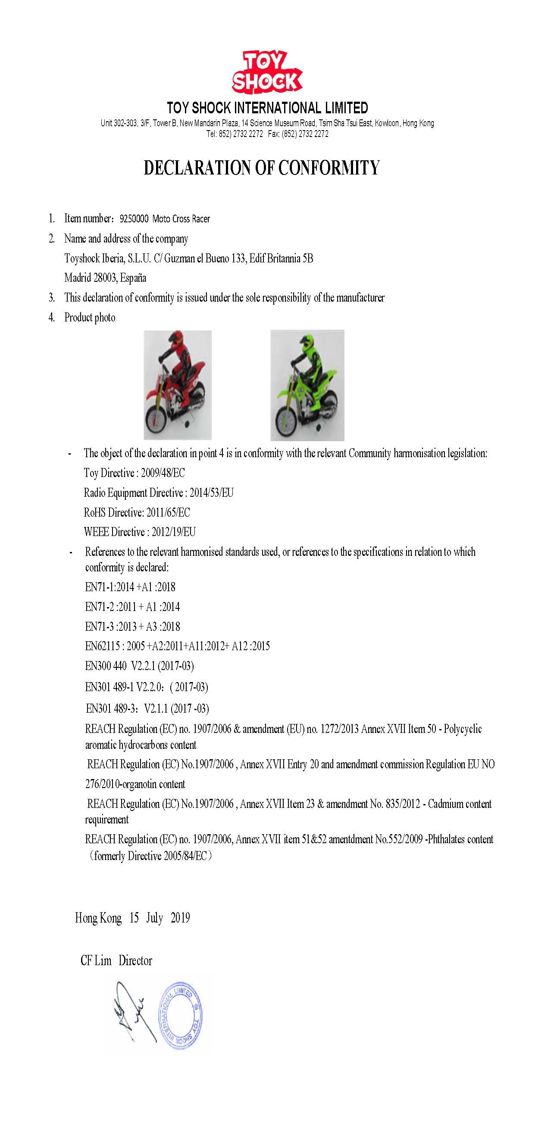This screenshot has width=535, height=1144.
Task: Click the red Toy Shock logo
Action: (x=266, y=72)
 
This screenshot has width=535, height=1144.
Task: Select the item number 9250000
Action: (x=134, y=219)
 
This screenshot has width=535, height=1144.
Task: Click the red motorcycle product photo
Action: (x=177, y=385)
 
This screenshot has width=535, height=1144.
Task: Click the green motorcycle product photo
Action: (x=307, y=385)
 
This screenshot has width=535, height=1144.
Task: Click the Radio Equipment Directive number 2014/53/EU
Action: (x=212, y=493)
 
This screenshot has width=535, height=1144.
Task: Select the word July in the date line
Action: (x=154, y=918)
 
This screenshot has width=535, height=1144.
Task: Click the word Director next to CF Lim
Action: (x=135, y=960)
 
